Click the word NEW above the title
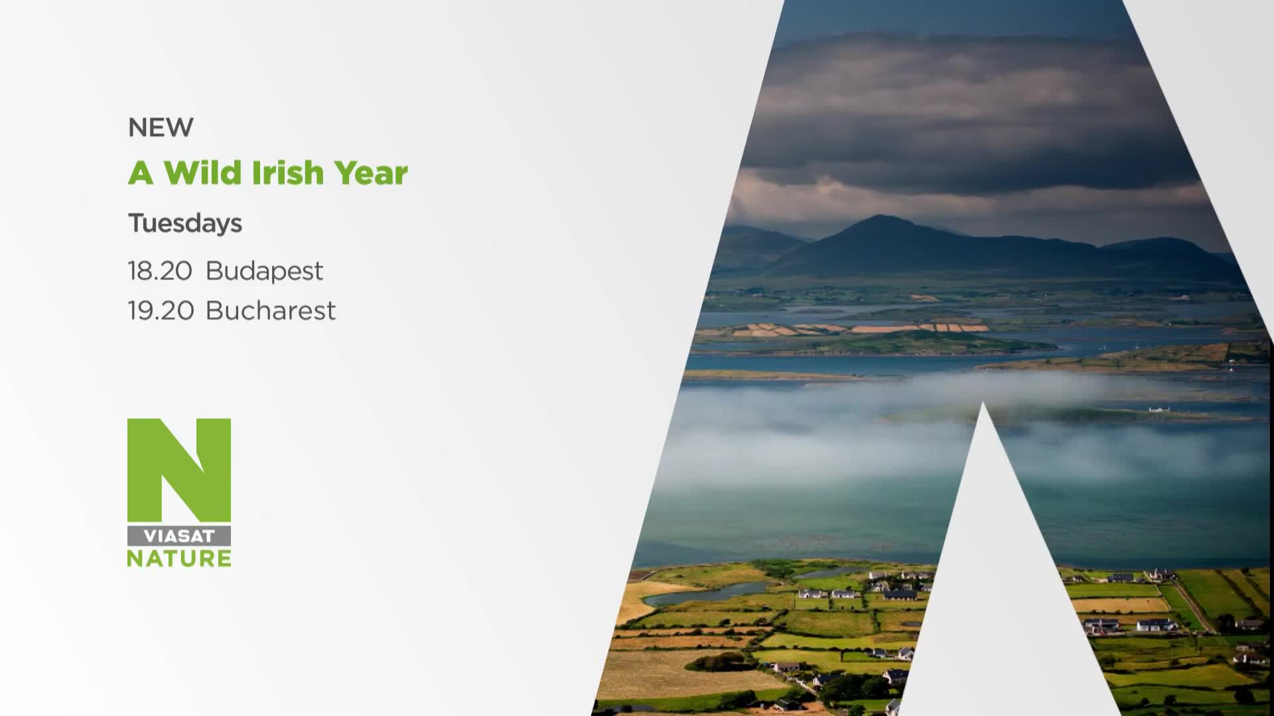[x=161, y=127]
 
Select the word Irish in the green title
[x=287, y=172]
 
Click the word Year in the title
[x=371, y=172]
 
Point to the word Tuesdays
[x=185, y=223]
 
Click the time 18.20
[x=160, y=271]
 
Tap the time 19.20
[x=161, y=311]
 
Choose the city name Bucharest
[x=271, y=311]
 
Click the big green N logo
[x=179, y=470]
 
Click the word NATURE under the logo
[x=179, y=558]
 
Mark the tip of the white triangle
[x=983, y=402]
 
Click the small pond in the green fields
[x=703, y=592]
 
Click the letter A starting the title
[x=141, y=172]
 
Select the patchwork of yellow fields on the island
[x=863, y=328]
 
